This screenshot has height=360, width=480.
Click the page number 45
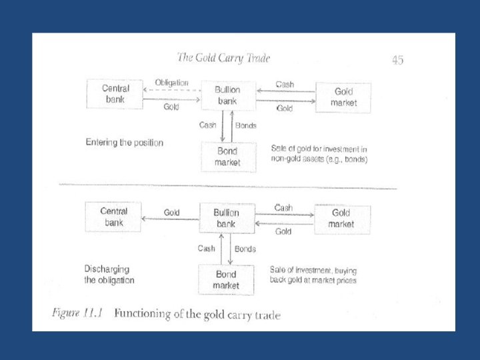pos(397,60)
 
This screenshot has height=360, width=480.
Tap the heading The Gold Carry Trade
pos(223,58)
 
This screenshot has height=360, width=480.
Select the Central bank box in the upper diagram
pos(115,94)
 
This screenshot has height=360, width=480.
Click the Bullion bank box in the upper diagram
pos(227,95)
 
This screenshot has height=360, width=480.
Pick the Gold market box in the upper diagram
pos(343,97)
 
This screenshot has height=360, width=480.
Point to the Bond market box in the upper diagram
pos(227,157)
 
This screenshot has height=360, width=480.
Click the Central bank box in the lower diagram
pos(113,217)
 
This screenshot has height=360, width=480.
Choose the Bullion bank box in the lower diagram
pos(226,219)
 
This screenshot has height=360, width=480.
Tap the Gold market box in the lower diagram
pos(341,219)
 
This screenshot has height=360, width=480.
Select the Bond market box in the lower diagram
pos(226,280)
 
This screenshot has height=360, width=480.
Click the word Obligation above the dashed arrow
pos(171,83)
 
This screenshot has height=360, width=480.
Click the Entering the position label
pos(125,142)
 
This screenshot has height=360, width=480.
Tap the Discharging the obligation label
pos(109,275)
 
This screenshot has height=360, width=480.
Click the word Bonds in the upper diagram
pos(245,125)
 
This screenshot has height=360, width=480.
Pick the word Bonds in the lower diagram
pos(245,249)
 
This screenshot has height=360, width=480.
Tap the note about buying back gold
pos(313,275)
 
